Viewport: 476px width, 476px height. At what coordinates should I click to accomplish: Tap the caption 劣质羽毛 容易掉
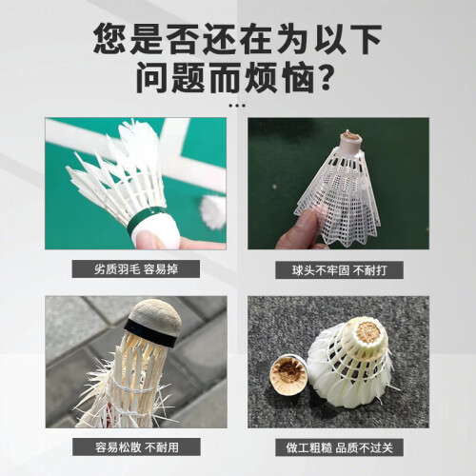[x=136, y=269]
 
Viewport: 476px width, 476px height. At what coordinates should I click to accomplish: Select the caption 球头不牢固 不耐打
[x=339, y=270]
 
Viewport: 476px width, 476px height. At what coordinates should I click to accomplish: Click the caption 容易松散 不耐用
[x=137, y=447]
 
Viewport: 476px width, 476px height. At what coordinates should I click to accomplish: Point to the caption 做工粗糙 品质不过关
[x=339, y=447]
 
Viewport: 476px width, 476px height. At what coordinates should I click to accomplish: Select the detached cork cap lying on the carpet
[x=288, y=374]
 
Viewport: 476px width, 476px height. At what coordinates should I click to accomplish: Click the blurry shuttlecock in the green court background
[x=213, y=212]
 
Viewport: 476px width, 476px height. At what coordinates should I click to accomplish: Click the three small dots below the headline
[x=237, y=106]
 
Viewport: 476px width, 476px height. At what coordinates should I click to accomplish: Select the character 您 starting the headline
[x=109, y=39]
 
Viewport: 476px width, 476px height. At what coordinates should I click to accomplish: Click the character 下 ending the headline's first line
[x=365, y=39]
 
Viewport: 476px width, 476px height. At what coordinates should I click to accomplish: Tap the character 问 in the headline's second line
[x=152, y=77]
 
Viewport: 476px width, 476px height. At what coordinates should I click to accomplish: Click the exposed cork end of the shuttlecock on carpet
[x=368, y=331]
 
